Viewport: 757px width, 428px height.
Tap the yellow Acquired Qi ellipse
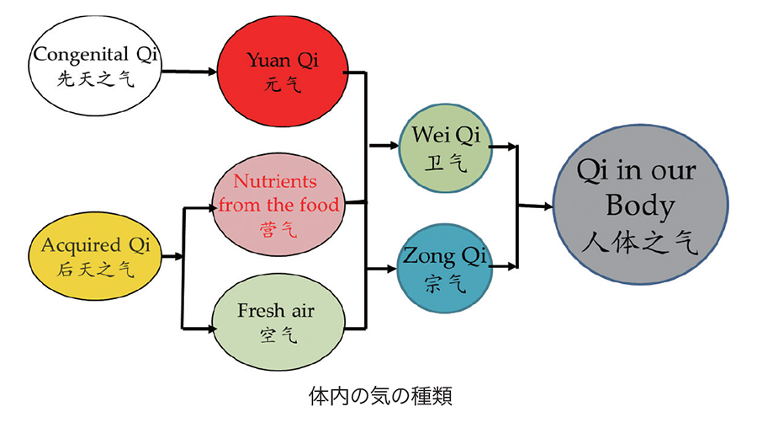tap(95, 256)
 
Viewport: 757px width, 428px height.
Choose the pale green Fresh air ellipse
tap(277, 324)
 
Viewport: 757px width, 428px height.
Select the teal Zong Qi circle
tap(445, 267)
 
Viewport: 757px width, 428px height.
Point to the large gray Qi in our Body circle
tap(640, 206)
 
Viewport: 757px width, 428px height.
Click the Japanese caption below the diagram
tap(380, 395)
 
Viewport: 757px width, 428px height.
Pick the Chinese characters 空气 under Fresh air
tap(278, 334)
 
